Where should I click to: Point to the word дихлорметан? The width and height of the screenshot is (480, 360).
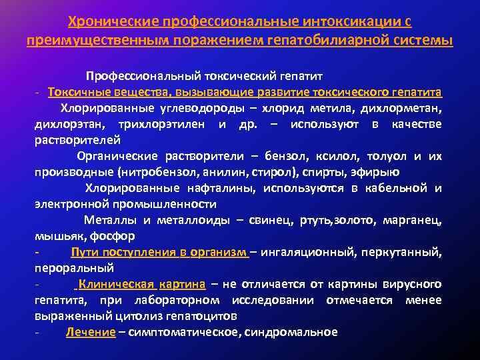coord(409,107)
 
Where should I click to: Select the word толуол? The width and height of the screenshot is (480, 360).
coord(387,156)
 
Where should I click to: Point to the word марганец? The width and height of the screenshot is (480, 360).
coord(413,220)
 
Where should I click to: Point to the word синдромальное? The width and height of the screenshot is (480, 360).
coord(293,332)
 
